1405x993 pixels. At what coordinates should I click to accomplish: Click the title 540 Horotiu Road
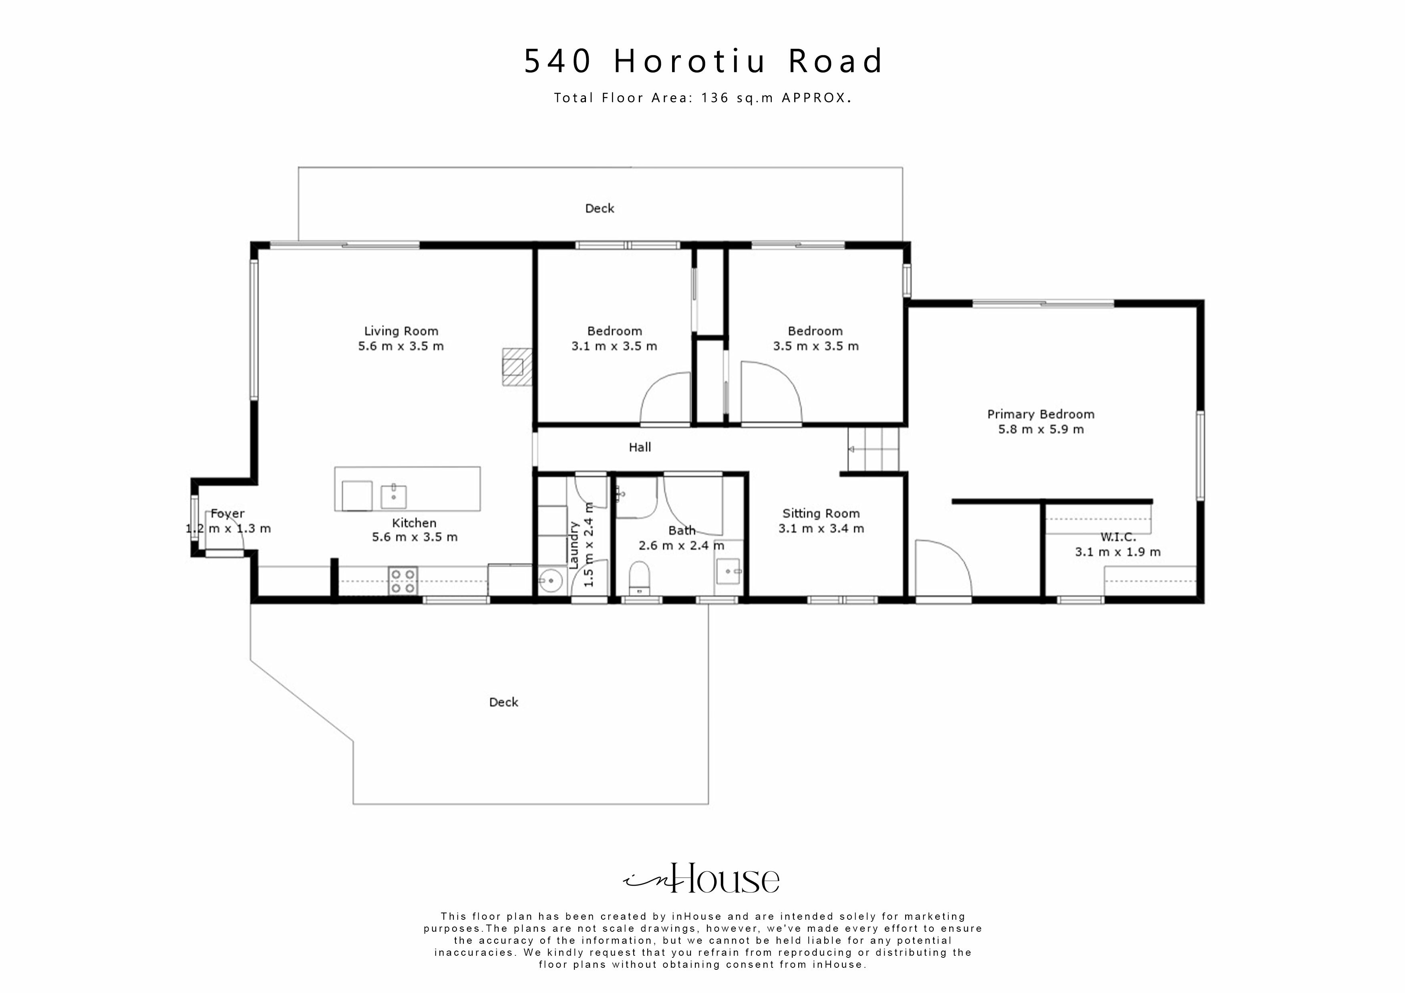702,61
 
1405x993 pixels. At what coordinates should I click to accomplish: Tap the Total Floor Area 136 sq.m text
702,98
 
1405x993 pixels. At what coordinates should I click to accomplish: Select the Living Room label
401,331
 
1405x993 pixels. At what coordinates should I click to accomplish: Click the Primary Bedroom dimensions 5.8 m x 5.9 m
1040,430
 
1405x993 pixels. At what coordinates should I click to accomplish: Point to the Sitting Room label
821,513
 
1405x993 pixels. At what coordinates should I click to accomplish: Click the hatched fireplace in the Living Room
516,366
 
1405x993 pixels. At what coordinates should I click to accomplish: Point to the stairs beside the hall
873,449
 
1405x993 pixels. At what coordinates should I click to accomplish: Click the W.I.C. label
1117,537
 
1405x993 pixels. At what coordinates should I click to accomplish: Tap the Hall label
640,447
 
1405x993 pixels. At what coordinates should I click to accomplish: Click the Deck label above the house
599,209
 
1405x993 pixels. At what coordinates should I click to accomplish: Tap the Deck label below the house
503,702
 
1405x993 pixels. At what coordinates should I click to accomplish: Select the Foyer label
227,513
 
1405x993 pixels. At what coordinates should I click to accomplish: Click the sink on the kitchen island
393,496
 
